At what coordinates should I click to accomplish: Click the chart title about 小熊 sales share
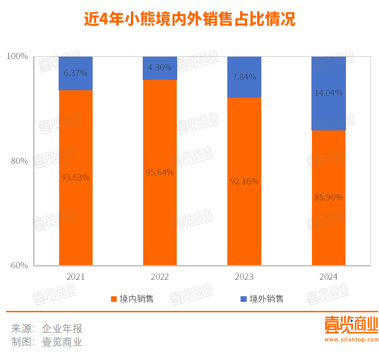click(x=189, y=19)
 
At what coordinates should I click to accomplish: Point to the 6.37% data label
click(x=76, y=73)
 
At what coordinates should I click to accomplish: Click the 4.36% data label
click(x=160, y=67)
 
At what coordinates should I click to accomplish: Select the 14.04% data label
click(x=328, y=93)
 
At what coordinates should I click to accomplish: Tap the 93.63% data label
click(x=76, y=177)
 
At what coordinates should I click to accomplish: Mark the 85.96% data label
click(x=328, y=197)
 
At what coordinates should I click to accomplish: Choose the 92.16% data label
click(x=244, y=181)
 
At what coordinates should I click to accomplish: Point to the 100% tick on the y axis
click(x=18, y=56)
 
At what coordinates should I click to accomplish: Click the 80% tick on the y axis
click(x=19, y=161)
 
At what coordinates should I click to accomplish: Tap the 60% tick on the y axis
click(x=19, y=266)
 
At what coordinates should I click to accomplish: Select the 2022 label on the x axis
click(x=160, y=277)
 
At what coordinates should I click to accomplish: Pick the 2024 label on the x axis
click(x=328, y=277)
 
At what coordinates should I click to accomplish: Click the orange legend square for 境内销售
click(x=113, y=299)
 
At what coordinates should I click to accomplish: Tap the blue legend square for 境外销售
click(x=243, y=299)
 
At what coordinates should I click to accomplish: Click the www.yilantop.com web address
click(x=351, y=339)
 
